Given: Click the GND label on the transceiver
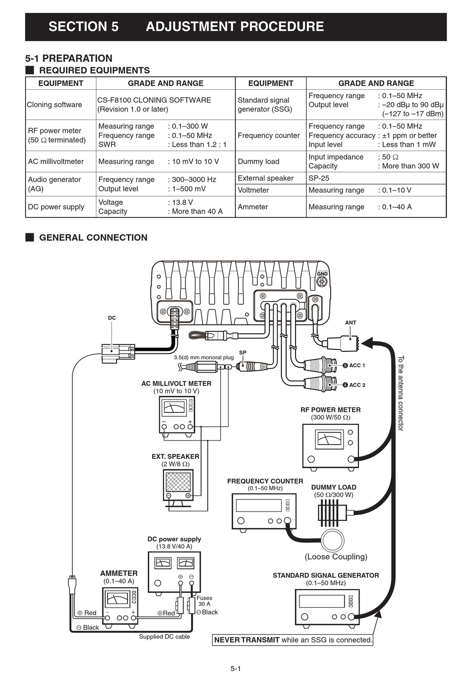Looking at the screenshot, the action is (x=322, y=274).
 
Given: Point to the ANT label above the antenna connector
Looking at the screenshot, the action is (x=351, y=323).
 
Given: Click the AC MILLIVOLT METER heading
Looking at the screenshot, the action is (x=177, y=384).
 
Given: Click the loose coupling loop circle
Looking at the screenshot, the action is (x=333, y=540).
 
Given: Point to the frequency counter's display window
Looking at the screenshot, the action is (x=259, y=505).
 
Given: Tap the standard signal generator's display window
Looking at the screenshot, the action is (x=322, y=601).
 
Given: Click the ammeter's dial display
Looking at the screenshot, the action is (x=117, y=599).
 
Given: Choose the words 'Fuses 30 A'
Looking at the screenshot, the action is (x=204, y=601).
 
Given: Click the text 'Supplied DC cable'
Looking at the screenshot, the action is (x=164, y=637).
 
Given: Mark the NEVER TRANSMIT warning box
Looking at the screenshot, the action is (x=293, y=640).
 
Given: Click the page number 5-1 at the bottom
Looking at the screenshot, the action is (x=235, y=668).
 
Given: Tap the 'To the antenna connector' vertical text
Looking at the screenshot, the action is (x=401, y=393).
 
